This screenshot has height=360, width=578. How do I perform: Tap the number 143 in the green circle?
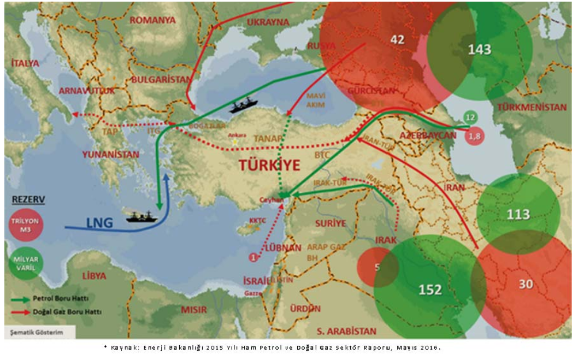coord(479,50)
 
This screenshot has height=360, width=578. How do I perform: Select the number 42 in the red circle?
coord(397,39)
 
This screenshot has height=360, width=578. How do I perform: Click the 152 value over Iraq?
coord(429,290)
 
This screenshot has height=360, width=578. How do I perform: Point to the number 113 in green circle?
coord(518,214)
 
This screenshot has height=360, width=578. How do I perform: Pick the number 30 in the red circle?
coord(525,284)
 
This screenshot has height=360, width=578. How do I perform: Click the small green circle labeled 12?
coord(470,117)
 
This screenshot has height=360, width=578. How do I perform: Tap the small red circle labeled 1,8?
coord(474,135)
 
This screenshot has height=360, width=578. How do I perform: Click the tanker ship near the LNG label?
coord(141,216)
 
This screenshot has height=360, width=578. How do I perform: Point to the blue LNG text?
coord(100,222)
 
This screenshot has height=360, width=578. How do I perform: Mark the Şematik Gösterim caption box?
coord(33,332)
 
